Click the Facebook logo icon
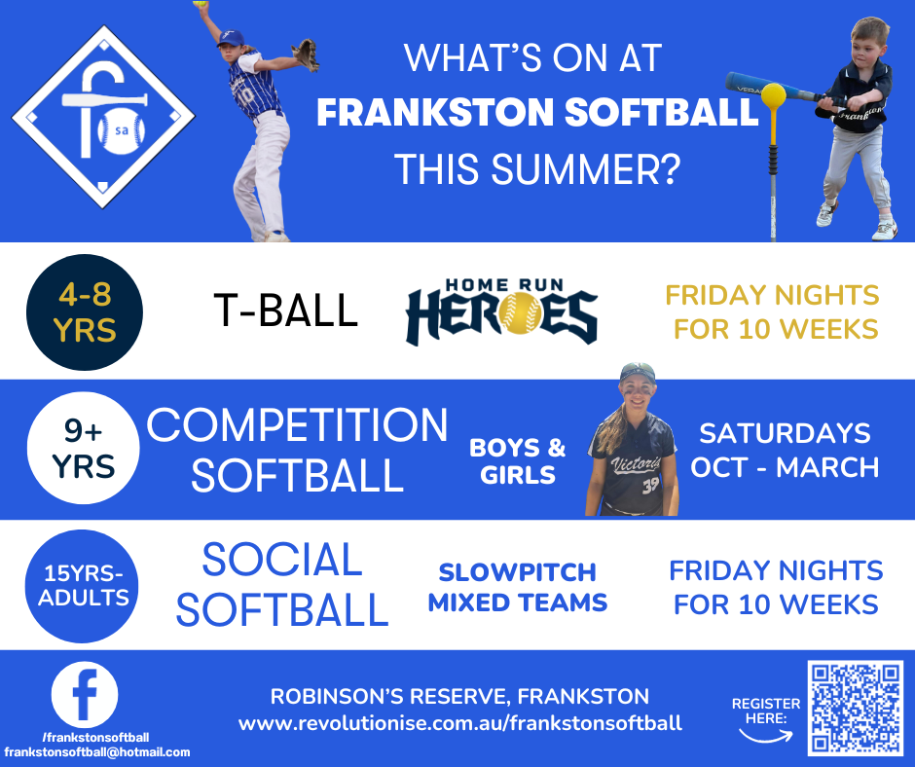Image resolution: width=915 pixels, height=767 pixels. [x=85, y=694]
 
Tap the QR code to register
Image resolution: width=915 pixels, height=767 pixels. [x=856, y=708]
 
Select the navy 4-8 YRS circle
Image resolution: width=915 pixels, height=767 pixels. [x=85, y=312]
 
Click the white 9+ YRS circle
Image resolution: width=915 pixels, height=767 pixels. [x=84, y=449]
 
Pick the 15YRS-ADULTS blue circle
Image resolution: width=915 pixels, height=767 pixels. [x=82, y=586]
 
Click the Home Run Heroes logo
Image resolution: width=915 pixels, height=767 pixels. [x=502, y=311]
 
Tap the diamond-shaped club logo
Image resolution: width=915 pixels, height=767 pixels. [x=103, y=118]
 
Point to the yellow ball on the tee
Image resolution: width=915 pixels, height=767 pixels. [x=775, y=95]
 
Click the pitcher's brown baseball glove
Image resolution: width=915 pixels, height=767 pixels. [x=306, y=55]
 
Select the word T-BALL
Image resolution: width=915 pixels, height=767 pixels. [x=285, y=310]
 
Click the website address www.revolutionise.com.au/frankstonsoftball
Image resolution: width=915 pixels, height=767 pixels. [x=459, y=724]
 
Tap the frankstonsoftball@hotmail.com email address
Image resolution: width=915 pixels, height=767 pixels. [x=97, y=751]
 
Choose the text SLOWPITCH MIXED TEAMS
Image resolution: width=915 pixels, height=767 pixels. [x=518, y=587]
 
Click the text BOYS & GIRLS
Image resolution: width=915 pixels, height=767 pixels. [x=518, y=461]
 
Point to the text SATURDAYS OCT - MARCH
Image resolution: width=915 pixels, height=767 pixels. [x=785, y=450]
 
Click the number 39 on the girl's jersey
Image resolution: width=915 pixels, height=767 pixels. [x=650, y=486]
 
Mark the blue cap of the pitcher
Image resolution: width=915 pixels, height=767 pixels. [x=231, y=39]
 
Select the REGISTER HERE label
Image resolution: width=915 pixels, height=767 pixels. [x=766, y=711]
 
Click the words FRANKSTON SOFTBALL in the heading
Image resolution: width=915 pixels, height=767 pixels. [x=537, y=112]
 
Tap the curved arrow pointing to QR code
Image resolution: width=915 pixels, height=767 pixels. [x=766, y=737]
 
